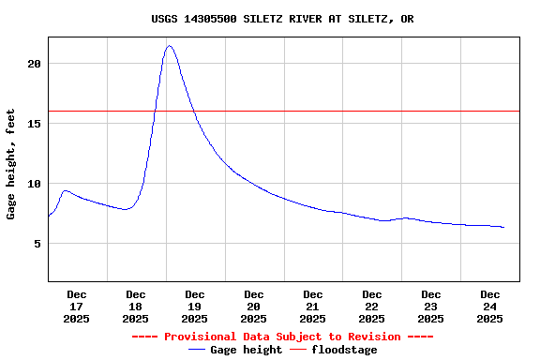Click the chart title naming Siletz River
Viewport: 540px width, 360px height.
282,19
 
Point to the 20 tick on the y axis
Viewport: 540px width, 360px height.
34,64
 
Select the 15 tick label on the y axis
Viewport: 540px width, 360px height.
34,124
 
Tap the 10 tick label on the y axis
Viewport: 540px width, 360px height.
34,184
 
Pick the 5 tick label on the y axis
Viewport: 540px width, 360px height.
37,244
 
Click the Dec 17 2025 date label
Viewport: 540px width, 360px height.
77,307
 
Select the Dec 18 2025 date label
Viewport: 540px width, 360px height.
136,307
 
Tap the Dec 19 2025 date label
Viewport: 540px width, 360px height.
195,307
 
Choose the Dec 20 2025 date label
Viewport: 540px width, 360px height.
254,307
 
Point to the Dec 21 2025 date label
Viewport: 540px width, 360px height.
313,307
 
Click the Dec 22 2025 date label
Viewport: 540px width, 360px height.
372,307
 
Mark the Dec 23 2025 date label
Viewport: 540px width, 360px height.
431,307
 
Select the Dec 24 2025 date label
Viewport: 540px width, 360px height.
490,307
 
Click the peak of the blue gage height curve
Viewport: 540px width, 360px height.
169,45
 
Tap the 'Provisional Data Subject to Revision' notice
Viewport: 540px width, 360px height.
282,337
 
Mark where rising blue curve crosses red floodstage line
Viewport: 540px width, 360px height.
155,111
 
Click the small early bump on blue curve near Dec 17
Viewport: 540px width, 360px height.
65,190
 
